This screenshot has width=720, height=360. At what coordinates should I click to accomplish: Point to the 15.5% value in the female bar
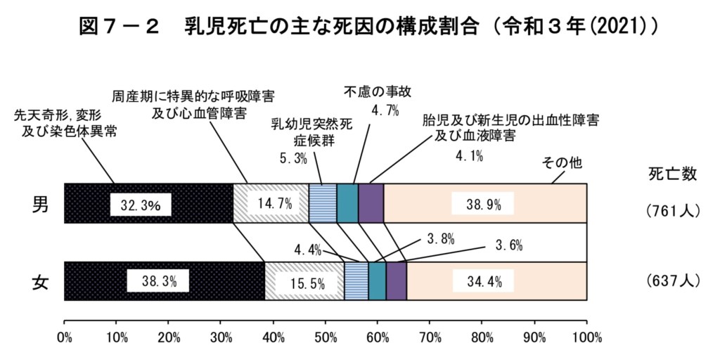click(x=305, y=283)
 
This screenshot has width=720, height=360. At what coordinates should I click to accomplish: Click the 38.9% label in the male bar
click(x=484, y=205)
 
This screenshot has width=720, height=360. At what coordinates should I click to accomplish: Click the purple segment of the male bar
click(x=371, y=203)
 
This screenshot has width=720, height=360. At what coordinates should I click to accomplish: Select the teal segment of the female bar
click(x=377, y=281)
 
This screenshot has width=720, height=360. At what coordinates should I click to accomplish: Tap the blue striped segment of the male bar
click(x=323, y=203)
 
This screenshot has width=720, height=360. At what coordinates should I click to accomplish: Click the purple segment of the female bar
click(x=396, y=281)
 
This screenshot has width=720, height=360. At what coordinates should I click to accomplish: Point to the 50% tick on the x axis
click(x=326, y=337)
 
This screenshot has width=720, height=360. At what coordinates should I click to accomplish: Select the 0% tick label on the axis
click(x=65, y=337)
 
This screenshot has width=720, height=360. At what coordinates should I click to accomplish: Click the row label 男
click(x=41, y=204)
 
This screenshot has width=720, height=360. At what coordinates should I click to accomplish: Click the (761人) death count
click(x=671, y=210)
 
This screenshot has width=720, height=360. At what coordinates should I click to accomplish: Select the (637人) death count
click(x=671, y=281)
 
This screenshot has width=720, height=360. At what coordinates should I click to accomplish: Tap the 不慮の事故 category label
click(x=378, y=92)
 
